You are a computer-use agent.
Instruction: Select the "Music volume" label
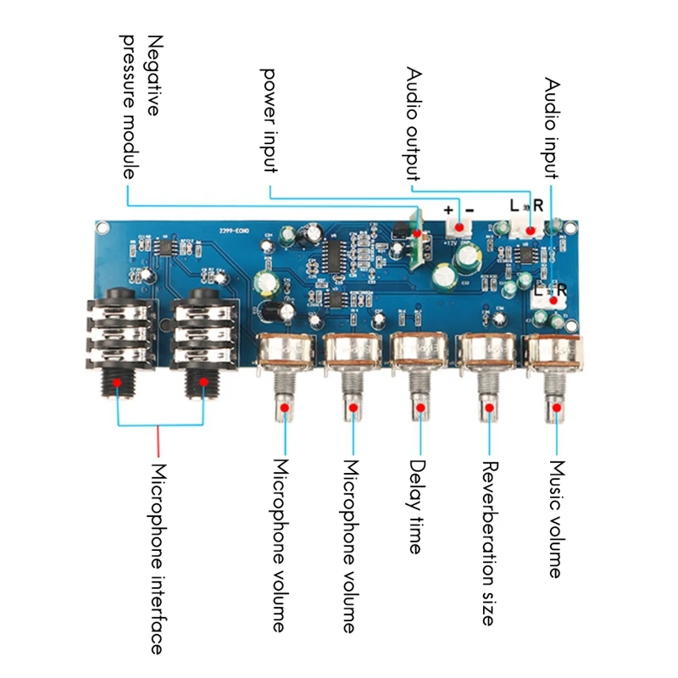[556, 519]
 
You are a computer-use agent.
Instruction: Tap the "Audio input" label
[552, 128]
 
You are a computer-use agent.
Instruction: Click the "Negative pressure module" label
[141, 107]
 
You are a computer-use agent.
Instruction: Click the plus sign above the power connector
[448, 210]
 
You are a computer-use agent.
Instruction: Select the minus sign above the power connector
[470, 210]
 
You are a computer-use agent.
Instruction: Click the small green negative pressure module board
[416, 241]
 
